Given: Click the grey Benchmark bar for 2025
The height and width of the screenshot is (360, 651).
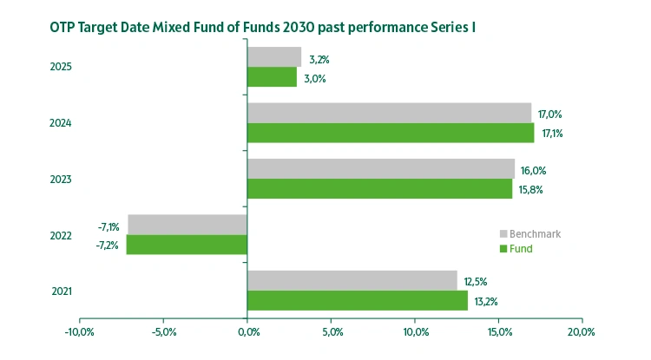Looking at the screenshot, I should click(274, 57).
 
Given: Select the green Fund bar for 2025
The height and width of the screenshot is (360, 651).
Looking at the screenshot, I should click(272, 77).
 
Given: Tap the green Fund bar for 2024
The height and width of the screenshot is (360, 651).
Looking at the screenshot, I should click(391, 133).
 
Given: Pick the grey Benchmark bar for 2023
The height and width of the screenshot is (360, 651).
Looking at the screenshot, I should click(381, 168).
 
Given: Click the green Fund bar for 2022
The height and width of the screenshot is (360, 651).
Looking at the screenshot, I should click(187, 245).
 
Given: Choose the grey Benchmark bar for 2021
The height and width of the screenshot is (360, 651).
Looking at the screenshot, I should click(352, 280).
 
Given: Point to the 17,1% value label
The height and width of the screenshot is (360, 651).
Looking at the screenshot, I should click(551, 134).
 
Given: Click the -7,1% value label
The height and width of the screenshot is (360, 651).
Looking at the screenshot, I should click(108, 227).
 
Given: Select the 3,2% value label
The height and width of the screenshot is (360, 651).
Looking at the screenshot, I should click(319, 60).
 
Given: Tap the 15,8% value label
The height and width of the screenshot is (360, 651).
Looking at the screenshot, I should click(531, 189).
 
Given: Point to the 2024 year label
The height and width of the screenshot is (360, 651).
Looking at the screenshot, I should click(60, 123).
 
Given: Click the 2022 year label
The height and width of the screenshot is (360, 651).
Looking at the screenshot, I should click(60, 235).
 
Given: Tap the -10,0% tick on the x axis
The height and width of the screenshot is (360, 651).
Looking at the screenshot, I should click(80, 332).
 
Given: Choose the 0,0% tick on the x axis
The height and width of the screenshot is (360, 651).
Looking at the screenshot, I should click(247, 332).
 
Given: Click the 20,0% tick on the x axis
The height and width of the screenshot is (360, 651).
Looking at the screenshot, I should click(581, 332).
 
